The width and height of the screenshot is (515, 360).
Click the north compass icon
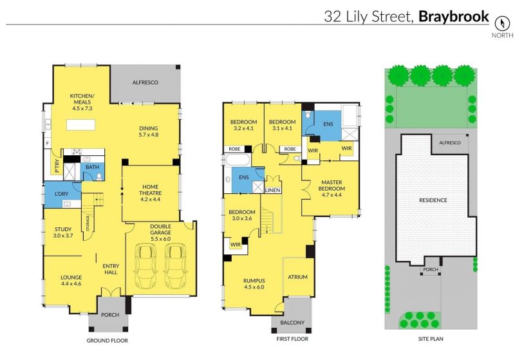click(502, 23)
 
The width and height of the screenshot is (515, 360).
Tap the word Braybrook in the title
click(454, 17)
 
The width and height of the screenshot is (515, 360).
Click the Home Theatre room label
click(151, 193)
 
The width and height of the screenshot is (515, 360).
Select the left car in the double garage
click(144, 266)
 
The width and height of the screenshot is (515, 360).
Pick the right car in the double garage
click(176, 266)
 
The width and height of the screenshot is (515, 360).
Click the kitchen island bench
click(81, 125)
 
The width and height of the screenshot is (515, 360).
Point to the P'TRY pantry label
click(57, 166)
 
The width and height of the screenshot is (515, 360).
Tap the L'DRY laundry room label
click(61, 194)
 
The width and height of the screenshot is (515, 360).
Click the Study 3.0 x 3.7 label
click(63, 232)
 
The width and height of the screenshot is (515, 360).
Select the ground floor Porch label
click(110, 315)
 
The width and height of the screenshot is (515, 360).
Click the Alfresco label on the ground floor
click(145, 82)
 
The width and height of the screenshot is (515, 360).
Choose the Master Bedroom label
click(332, 188)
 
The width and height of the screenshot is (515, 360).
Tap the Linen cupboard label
click(272, 190)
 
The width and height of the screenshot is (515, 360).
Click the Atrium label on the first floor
click(297, 277)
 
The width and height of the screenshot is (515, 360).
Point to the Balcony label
click(292, 323)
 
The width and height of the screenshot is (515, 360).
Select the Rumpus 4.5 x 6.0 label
click(254, 284)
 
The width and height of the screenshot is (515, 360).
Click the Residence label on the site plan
click(433, 200)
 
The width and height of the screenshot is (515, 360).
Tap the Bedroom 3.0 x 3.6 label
click(242, 215)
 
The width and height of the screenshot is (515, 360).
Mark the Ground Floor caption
click(107, 341)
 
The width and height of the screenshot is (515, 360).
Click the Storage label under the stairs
click(88, 223)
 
